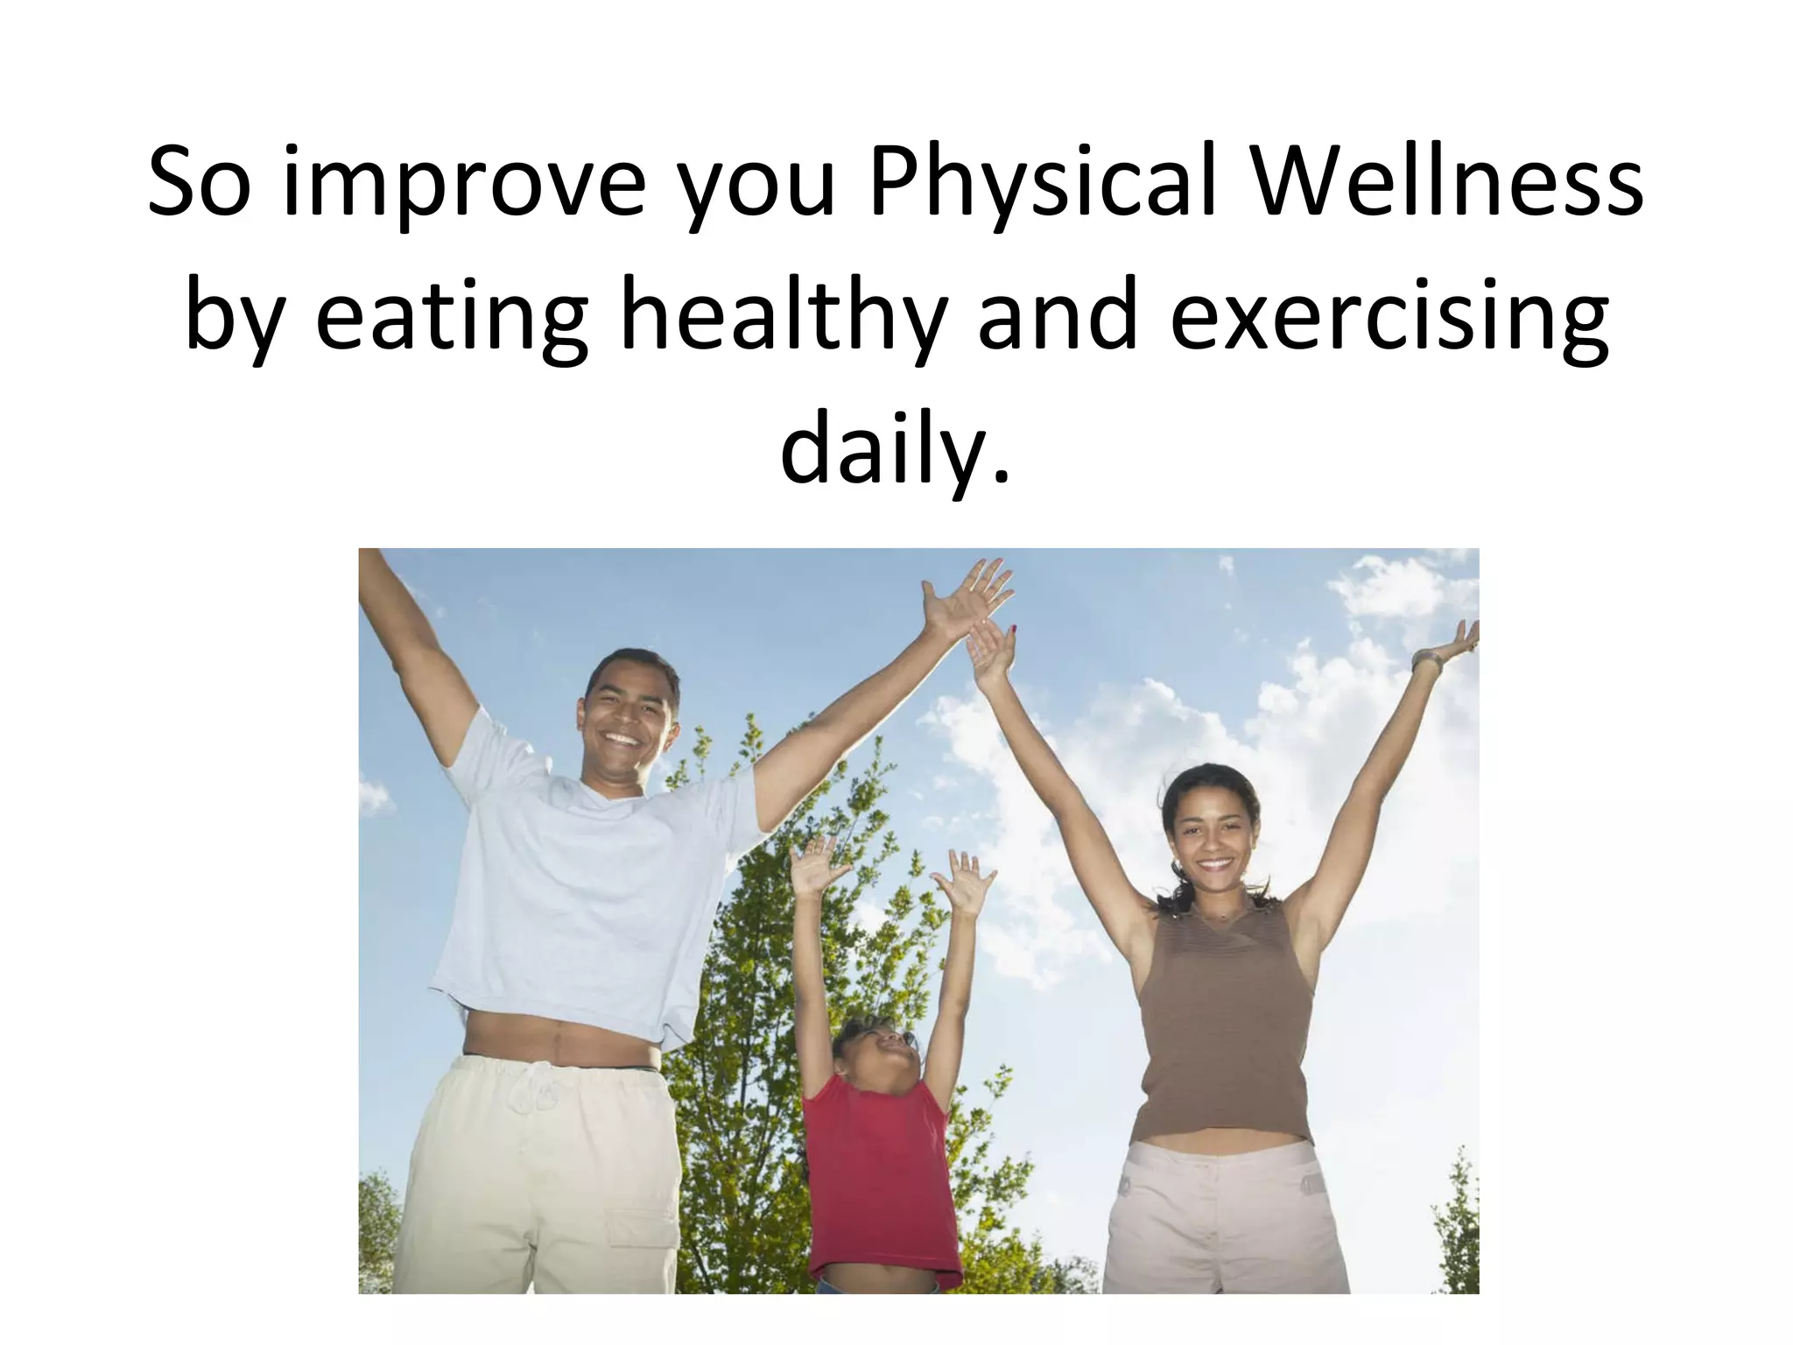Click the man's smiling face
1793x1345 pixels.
[629, 718]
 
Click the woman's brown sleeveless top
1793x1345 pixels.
[1226, 1025]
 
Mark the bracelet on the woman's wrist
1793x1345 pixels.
[1426, 661]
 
